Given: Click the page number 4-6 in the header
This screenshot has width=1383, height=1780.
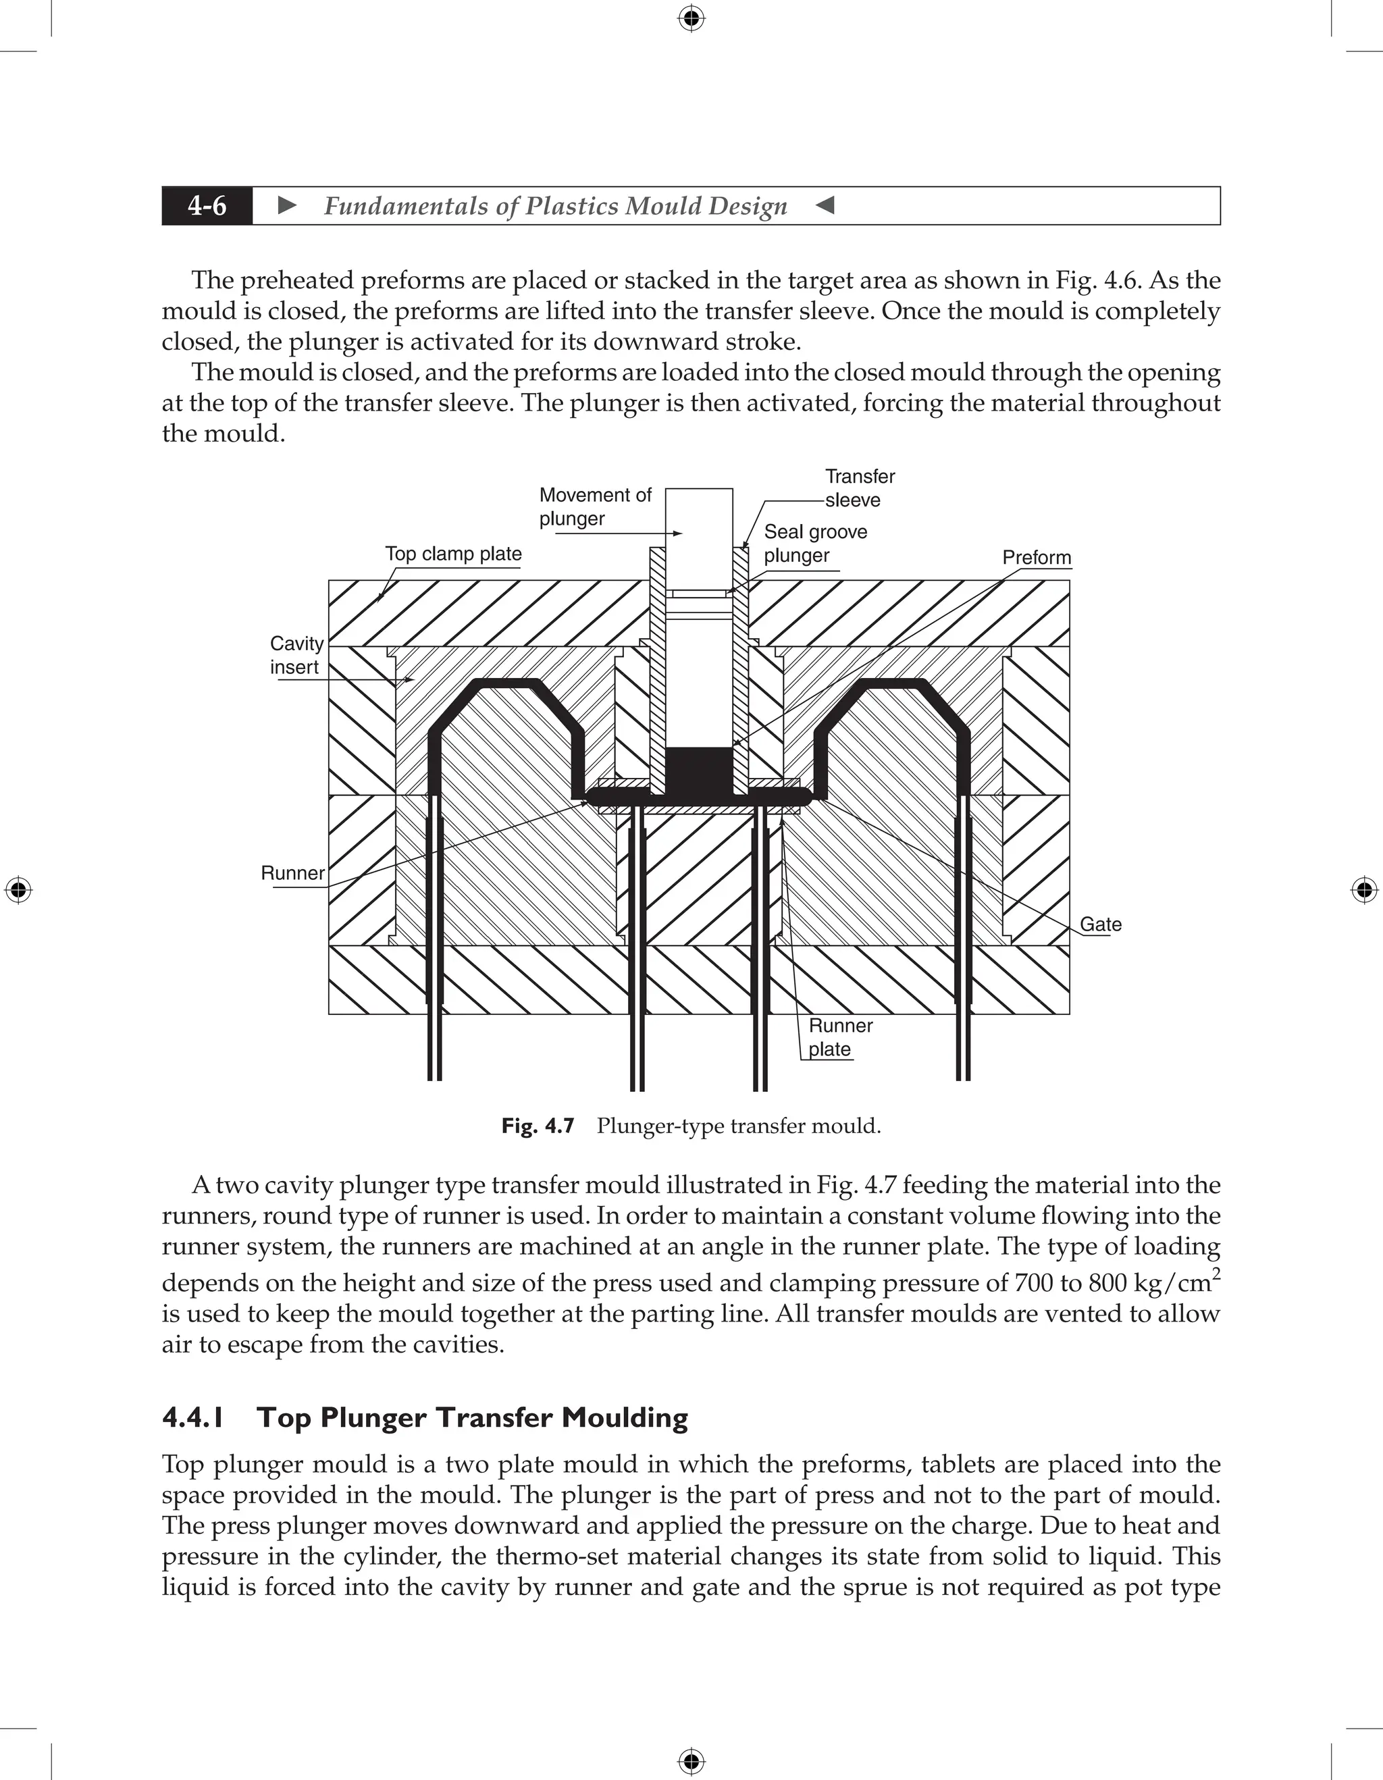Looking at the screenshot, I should click(x=207, y=205).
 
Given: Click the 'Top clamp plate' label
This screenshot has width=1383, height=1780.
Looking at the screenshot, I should click(x=453, y=554).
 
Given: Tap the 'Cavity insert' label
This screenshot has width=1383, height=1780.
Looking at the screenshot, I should click(x=296, y=655).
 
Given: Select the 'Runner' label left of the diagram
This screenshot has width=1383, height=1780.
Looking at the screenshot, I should click(x=292, y=873).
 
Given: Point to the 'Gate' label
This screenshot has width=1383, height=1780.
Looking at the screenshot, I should click(x=1100, y=924).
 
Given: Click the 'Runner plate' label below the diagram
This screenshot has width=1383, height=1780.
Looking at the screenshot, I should click(x=839, y=1037).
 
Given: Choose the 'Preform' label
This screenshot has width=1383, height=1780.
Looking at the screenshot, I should click(x=1036, y=558).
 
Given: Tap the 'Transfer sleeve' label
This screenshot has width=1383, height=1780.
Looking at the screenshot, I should click(x=859, y=488).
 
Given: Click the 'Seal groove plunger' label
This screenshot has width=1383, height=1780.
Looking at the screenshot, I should click(x=814, y=543).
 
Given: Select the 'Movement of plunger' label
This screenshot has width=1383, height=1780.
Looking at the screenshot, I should click(x=594, y=506).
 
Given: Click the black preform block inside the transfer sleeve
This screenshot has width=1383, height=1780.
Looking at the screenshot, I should click(x=699, y=769).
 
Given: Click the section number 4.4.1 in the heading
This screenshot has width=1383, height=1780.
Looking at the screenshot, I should click(x=193, y=1417).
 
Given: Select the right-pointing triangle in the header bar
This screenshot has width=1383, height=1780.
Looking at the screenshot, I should click(x=287, y=205).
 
